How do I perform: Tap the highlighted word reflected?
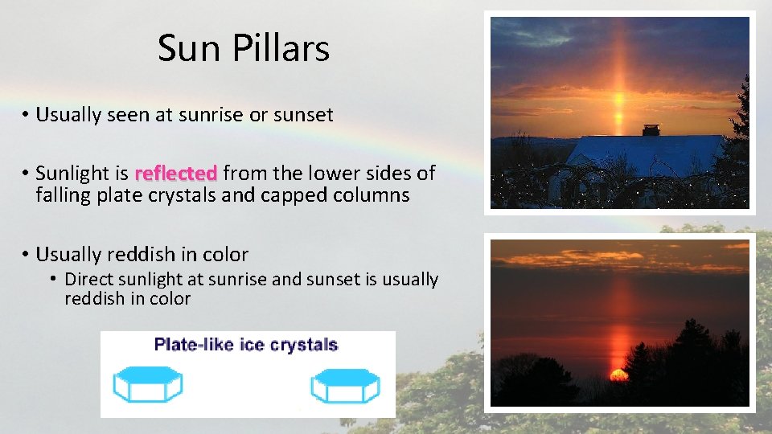pyautogui.click(x=176, y=173)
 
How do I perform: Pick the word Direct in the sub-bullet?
pyautogui.click(x=90, y=280)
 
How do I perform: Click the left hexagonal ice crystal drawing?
pyautogui.click(x=148, y=384)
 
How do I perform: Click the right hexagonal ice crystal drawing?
pyautogui.click(x=344, y=384)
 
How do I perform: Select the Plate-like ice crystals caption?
pyautogui.click(x=246, y=346)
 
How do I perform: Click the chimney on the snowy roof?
pyautogui.click(x=651, y=130)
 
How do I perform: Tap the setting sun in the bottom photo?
pyautogui.click(x=618, y=375)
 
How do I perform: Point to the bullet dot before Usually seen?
pyautogui.click(x=26, y=115)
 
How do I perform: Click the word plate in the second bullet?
pyautogui.click(x=121, y=195)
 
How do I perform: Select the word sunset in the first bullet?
pyautogui.click(x=302, y=115)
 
